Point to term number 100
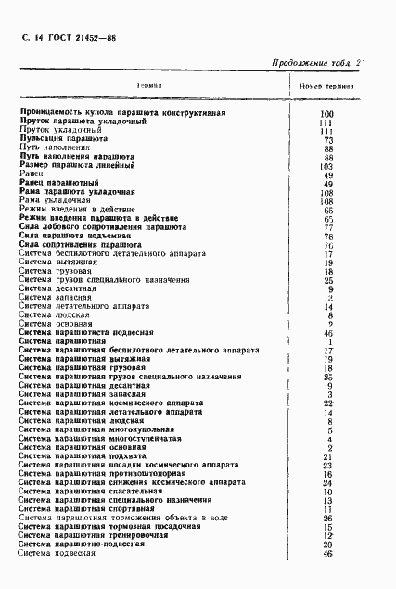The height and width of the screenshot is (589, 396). [x=325, y=113]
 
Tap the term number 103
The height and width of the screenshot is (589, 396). [x=325, y=165]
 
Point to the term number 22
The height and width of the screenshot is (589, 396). [x=327, y=403]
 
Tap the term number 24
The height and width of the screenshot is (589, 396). [x=327, y=482]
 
